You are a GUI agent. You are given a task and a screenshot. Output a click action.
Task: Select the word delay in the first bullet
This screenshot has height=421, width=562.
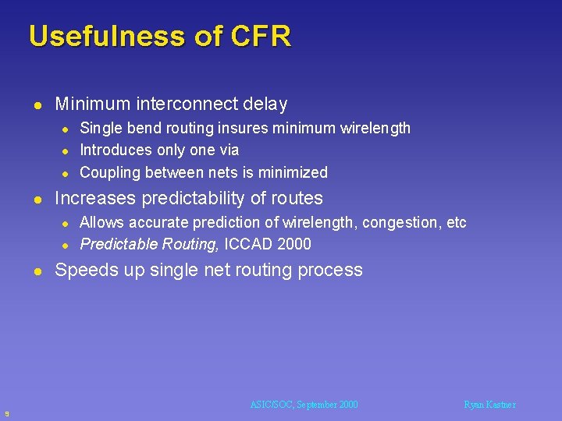pos(265,104)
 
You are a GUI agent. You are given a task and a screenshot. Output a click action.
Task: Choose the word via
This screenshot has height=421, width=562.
pos(229,150)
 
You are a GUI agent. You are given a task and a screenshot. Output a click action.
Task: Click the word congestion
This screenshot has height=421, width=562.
pos(400,223)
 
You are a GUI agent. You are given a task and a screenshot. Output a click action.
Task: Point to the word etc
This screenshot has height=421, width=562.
pos(457,223)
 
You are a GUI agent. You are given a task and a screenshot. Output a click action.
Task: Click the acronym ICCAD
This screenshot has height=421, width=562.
pos(250,245)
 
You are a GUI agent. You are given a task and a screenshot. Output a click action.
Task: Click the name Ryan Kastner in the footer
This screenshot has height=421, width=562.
pos(489,405)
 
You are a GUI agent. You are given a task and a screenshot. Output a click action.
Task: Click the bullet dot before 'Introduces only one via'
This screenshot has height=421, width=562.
pos(67,150)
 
